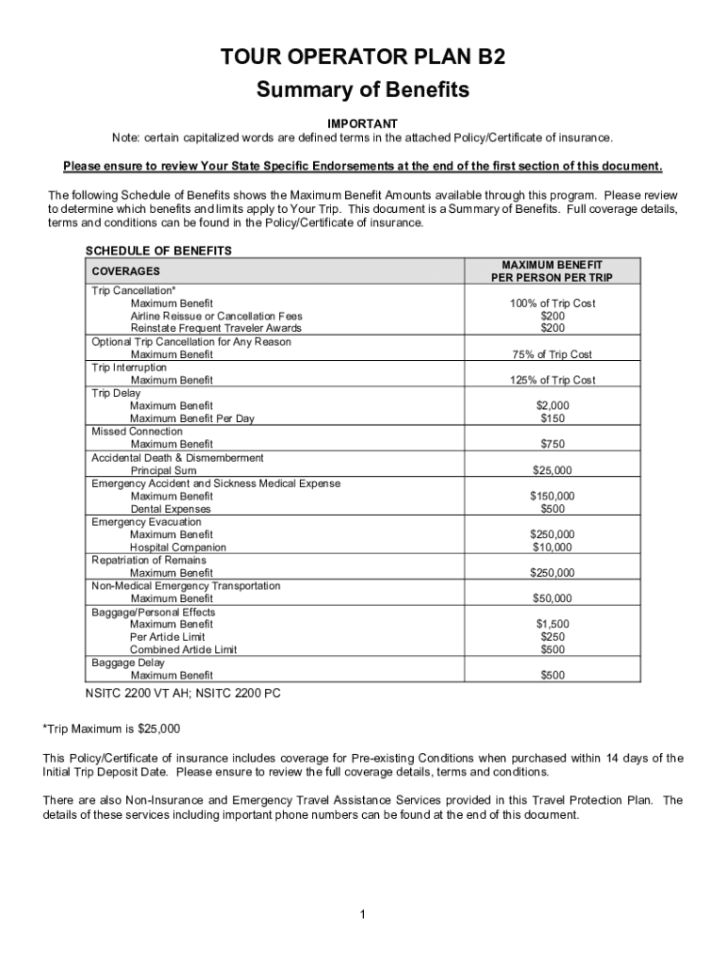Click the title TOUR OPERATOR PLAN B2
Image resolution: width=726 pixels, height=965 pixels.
363,57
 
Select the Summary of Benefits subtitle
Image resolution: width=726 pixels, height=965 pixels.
363,90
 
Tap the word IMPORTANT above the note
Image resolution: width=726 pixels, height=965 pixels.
362,124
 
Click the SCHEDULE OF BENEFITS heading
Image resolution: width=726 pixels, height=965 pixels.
158,251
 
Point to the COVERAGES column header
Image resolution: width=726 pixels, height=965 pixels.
125,271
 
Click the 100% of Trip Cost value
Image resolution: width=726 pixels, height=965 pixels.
553,303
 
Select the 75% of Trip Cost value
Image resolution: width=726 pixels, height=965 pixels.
553,354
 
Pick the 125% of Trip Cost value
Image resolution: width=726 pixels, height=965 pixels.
553,380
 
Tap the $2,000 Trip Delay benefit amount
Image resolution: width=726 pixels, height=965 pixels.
553,405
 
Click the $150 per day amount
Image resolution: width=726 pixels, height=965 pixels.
553,418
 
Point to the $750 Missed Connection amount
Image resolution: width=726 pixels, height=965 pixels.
553,444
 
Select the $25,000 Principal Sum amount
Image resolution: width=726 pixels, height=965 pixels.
553,470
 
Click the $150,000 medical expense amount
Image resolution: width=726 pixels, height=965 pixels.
553,496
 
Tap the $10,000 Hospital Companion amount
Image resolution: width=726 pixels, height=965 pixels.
553,547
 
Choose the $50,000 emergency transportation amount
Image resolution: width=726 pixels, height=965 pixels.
553,598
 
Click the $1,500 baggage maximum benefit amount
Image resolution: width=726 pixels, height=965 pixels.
553,624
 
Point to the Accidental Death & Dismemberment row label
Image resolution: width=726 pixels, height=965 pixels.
177,457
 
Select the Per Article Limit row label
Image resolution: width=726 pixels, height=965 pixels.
167,637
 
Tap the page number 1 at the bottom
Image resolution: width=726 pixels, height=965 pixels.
363,914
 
